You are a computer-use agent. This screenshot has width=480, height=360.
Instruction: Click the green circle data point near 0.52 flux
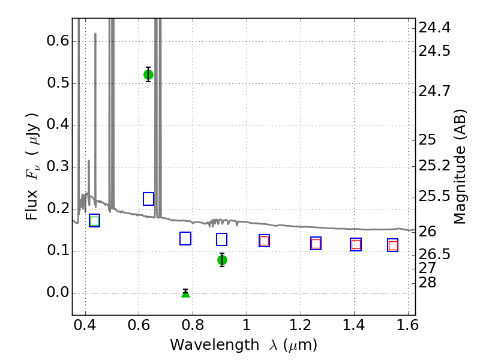[148, 74]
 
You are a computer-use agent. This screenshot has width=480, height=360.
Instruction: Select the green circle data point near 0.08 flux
[222, 260]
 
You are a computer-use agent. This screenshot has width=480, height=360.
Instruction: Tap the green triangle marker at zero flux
[185, 294]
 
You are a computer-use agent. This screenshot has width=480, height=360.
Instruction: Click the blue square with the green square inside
[95, 221]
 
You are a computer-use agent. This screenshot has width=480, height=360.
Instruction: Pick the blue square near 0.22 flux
[148, 199]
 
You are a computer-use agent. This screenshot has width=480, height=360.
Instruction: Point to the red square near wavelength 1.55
[393, 245]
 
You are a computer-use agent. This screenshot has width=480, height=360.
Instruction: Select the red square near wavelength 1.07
[264, 241]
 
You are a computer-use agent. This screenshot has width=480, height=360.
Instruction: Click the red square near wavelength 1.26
[316, 244]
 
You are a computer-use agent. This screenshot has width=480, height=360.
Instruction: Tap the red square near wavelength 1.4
[356, 245]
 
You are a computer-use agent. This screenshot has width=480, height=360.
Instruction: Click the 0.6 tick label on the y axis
[58, 41]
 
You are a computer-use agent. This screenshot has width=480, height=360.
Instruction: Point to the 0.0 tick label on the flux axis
[58, 292]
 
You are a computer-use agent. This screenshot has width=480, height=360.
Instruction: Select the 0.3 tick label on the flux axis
[58, 167]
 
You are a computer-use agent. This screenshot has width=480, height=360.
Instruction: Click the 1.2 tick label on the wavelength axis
[301, 325]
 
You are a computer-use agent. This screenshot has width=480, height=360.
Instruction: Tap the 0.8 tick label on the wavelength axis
[193, 325]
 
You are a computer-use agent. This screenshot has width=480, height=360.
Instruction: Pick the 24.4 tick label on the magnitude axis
[434, 28]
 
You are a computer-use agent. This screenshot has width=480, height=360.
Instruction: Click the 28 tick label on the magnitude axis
[427, 282]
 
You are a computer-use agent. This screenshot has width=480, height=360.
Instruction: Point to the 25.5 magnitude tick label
[434, 196]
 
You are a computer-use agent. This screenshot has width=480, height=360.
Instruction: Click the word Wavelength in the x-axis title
[215, 346]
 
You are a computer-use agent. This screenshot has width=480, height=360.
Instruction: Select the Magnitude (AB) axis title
[459, 167]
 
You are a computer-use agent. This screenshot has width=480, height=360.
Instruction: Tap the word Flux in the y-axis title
[32, 205]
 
